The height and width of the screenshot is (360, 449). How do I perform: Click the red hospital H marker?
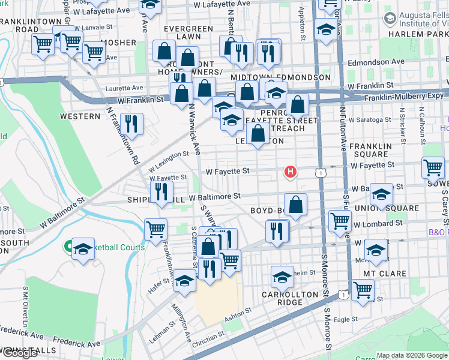click(291, 172)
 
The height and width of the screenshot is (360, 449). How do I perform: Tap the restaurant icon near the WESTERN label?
click(131, 124)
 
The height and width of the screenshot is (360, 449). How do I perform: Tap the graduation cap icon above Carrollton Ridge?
click(282, 277)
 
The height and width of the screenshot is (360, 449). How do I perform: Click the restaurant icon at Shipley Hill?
click(161, 192)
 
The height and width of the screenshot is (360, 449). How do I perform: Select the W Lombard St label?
click(378, 224)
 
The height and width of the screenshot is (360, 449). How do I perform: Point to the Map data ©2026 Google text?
click(411, 355)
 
